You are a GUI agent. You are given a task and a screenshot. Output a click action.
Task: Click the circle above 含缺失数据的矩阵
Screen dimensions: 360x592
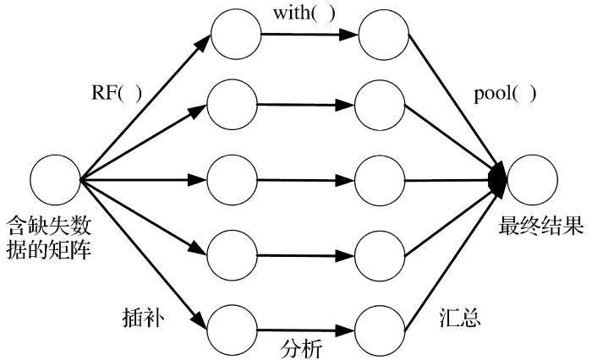(55, 180)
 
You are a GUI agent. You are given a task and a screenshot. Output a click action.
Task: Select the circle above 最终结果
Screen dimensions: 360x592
(532, 180)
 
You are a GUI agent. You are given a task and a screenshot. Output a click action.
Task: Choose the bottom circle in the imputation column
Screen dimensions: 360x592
(233, 325)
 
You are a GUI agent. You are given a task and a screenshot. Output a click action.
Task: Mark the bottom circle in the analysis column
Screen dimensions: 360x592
(381, 325)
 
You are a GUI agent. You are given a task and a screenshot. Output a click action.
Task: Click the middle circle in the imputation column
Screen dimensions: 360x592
(233, 180)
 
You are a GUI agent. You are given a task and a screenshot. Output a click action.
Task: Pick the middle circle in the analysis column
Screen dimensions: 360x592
(381, 180)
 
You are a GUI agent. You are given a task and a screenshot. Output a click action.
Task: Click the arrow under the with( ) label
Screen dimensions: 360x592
(310, 35)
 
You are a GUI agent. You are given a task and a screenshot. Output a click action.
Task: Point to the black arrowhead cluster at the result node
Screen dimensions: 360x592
(500, 178)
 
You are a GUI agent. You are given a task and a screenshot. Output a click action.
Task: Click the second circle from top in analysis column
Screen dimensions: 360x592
(381, 106)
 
